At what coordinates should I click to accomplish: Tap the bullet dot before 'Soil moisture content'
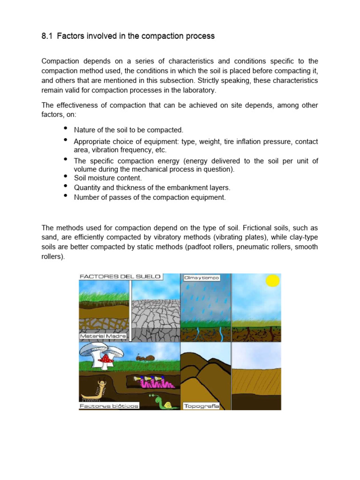coord(65,176)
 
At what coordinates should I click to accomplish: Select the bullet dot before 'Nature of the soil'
coord(65,128)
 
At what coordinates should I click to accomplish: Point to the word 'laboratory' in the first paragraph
coord(199,90)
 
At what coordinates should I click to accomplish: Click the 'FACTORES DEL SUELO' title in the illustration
coord(120,277)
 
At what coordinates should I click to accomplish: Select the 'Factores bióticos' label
coord(109,406)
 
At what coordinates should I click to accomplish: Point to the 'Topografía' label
coord(202,406)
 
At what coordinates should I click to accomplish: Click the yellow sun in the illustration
coord(272,281)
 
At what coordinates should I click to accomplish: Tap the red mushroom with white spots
coord(107,359)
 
